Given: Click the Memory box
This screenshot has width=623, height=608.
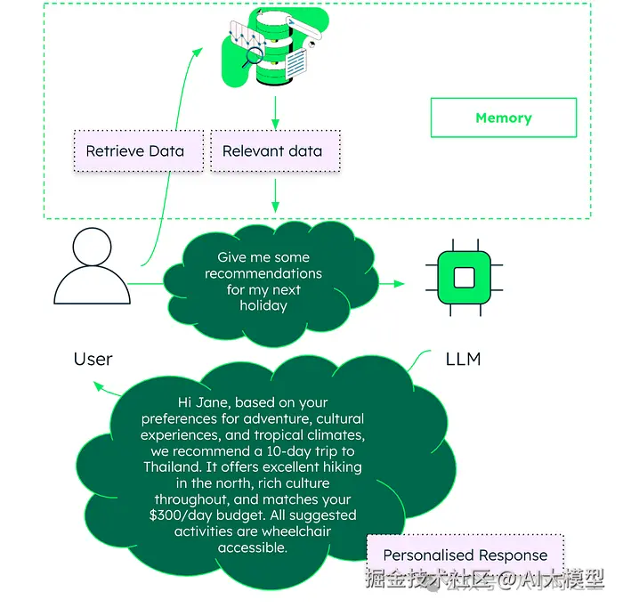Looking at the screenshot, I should pyautogui.click(x=503, y=118).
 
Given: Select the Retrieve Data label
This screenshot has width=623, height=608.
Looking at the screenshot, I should pyautogui.click(x=134, y=150).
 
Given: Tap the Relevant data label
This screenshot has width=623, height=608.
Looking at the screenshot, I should pyautogui.click(x=272, y=150).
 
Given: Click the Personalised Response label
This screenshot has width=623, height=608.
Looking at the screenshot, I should pyautogui.click(x=465, y=555).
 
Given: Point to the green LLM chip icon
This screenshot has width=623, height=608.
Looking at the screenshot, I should pyautogui.click(x=463, y=277).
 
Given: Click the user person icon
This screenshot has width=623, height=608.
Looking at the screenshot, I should pyautogui.click(x=92, y=268).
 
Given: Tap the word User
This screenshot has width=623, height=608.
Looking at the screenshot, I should pyautogui.click(x=93, y=359).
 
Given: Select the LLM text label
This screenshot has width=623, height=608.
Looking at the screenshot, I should pyautogui.click(x=463, y=359).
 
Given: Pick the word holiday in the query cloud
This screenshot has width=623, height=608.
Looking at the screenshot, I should pyautogui.click(x=263, y=305).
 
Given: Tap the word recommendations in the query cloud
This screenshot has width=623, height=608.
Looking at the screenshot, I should pyautogui.click(x=263, y=273).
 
